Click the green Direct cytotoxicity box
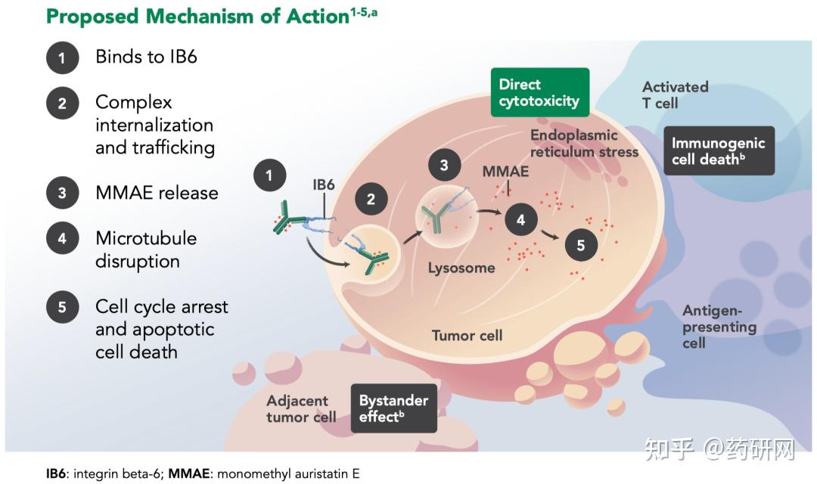coord(539,92)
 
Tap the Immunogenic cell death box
coord(719,150)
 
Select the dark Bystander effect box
coord(393,408)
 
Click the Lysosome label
coord(461,268)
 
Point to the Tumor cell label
coord(467,335)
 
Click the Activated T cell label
coord(675,95)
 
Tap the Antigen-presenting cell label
coord(719,327)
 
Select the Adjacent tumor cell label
coord(301,408)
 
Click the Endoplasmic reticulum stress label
coord(584,143)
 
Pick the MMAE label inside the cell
coord(505,172)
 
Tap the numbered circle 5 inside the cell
coord(581,245)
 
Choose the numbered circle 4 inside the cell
coord(520,220)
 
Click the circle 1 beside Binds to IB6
coord(62,57)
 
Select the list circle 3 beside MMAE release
coord(62,193)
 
